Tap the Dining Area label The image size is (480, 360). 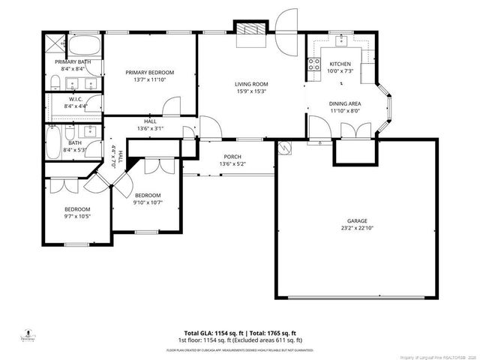(x=345, y=104)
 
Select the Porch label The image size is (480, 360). (x=231, y=156)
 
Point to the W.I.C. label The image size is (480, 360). (x=75, y=98)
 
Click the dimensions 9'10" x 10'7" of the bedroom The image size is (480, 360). (x=148, y=202)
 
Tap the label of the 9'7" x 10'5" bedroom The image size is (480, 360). (x=76, y=209)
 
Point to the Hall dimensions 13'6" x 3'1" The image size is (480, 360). (x=150, y=128)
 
